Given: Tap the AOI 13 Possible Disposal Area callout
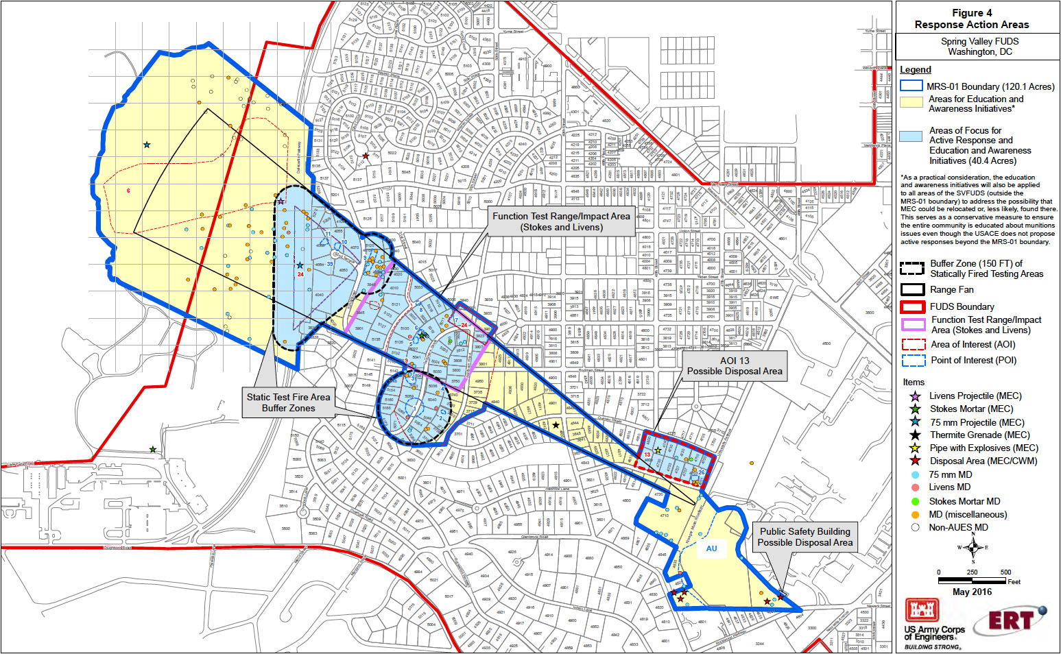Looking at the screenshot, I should coord(734,366).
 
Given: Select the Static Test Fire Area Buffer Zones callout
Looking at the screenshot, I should coord(289,402).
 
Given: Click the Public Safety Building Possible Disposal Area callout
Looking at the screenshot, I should coord(804,537).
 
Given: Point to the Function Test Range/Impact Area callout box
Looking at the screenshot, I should coord(561,221).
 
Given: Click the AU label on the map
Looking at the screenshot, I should coord(711,548).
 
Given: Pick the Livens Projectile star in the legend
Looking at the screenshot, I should coord(914,396).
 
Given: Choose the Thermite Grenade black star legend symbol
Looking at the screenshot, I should coord(914,435).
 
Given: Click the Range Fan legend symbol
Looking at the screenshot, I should coord(911,289).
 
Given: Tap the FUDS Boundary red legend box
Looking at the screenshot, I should coord(911,306).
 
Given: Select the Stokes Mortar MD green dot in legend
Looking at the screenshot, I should coord(915,501).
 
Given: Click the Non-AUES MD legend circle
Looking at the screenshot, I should coord(915,527).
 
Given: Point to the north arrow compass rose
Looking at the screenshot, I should coord(973,547).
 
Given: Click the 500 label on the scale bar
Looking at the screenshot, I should coord(1005,572).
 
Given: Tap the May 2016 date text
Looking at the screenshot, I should coord(972,592).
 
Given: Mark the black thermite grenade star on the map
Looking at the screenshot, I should coord(556,426).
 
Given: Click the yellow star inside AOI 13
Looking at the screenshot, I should coord(658,450).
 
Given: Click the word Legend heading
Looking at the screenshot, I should coord(916,70).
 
